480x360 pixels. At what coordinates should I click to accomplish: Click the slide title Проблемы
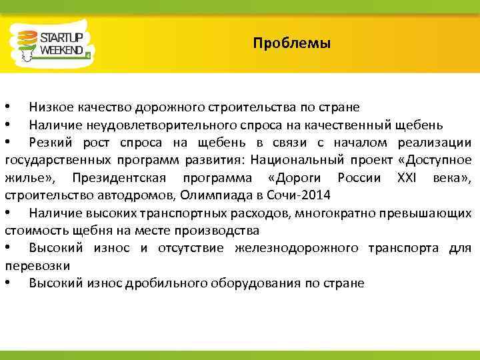291,45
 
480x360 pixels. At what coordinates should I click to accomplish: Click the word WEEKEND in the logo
61,50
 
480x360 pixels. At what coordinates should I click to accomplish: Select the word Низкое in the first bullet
51,107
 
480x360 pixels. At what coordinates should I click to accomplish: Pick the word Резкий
51,143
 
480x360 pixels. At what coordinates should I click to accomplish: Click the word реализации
434,143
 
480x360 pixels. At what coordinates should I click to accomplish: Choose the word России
358,177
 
